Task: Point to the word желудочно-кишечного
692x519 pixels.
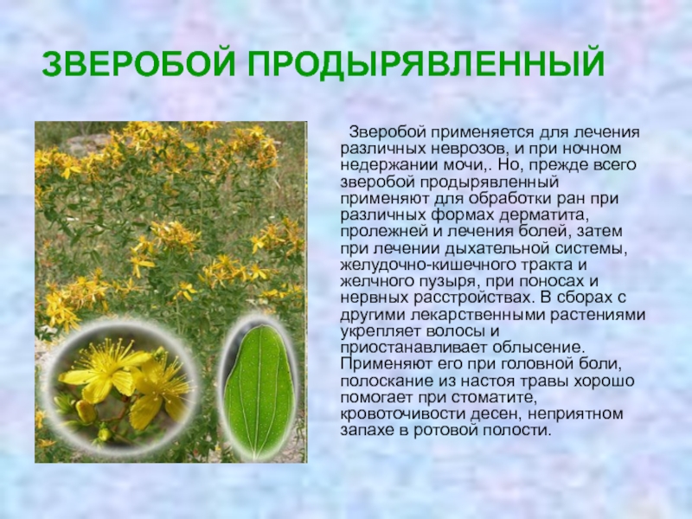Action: click(424, 266)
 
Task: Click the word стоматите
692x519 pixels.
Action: click(494, 398)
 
